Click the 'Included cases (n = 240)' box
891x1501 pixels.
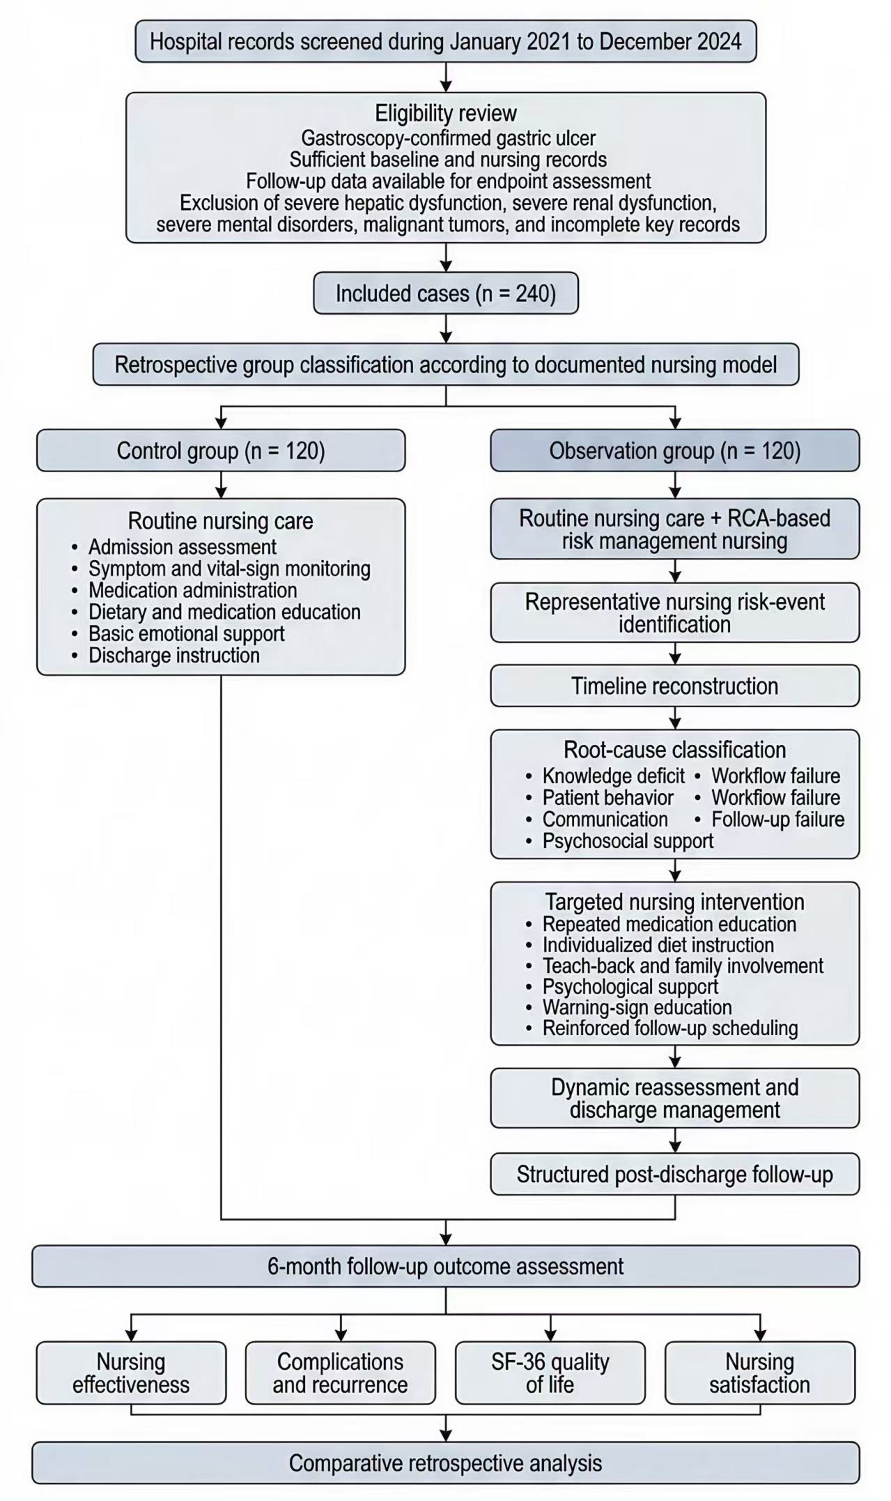pos(445,293)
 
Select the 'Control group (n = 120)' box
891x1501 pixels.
pos(221,450)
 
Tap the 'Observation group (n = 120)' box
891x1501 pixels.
pos(675,450)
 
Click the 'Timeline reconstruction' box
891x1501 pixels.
pos(675,686)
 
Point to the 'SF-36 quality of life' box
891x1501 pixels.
pos(550,1372)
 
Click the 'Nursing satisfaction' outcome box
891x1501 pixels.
pos(760,1372)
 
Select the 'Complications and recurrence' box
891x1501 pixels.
pos(340,1372)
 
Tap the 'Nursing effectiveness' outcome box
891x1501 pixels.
pos(131,1372)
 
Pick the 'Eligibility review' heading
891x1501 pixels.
pos(445,113)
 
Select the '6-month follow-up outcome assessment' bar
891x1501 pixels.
pos(445,1266)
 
